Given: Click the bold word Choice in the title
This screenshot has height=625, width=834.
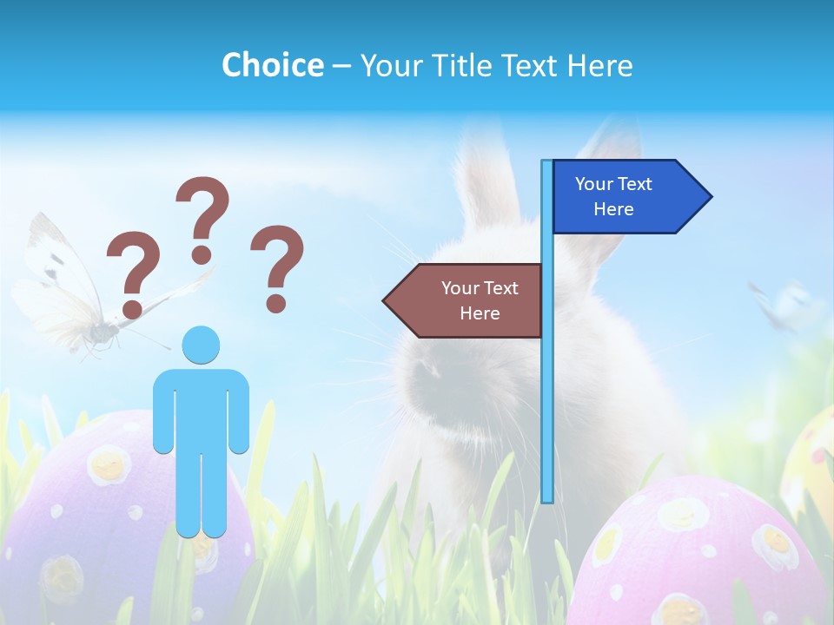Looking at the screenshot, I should pos(272,65).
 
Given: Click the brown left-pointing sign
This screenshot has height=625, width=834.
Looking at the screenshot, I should pos(464,300).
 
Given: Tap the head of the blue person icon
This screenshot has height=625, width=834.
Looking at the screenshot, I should pos(202,345).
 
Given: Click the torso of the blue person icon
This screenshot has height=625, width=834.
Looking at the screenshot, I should pos(202,408).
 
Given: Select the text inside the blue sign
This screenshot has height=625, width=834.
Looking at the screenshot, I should pos(613,196).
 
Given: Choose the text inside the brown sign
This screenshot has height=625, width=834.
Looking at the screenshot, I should pos(480,300).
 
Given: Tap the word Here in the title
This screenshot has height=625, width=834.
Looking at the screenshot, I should pos(599,65).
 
